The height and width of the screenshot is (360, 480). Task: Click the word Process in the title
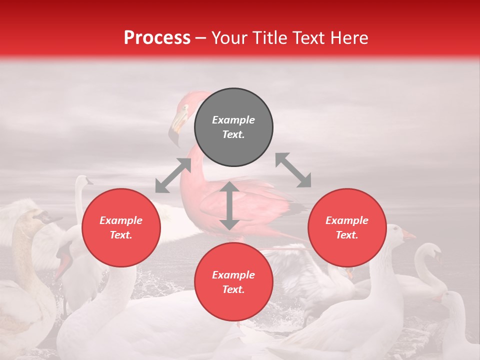pyautogui.click(x=157, y=38)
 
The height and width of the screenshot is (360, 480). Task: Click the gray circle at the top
pyautogui.click(x=233, y=127)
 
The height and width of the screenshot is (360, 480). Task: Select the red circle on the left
pyautogui.click(x=121, y=228)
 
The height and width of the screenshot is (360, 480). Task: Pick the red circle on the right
pyautogui.click(x=347, y=228)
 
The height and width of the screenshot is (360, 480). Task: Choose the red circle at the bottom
pyautogui.click(x=233, y=282)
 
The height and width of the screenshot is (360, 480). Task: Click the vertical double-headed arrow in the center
pyautogui.click(x=229, y=205)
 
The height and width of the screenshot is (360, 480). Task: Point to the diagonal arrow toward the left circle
pyautogui.click(x=173, y=175)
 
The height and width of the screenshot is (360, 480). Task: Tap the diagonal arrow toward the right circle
pyautogui.click(x=293, y=170)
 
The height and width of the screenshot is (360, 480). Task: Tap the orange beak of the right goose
pyautogui.click(x=408, y=235)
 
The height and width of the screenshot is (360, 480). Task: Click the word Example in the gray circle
pyautogui.click(x=233, y=120)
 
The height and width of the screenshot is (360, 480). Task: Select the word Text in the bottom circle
pyautogui.click(x=232, y=289)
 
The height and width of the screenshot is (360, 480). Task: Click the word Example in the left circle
pyautogui.click(x=121, y=220)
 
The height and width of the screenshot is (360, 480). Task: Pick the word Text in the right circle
pyautogui.click(x=346, y=235)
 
